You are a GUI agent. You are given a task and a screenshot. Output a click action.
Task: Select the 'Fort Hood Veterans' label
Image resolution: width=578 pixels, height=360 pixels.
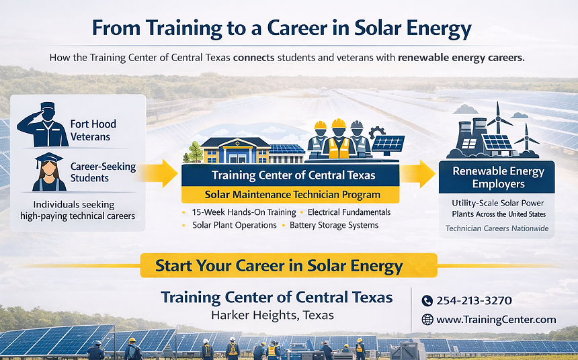93,130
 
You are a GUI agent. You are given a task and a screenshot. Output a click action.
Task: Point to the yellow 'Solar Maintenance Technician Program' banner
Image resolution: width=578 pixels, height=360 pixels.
291,195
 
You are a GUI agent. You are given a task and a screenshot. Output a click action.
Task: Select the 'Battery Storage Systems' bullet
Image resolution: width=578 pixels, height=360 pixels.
333,225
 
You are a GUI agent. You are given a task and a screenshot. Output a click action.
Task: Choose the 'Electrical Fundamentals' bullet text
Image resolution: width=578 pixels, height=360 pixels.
349,212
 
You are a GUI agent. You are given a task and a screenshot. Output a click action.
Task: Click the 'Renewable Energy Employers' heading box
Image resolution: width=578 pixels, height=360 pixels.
497,177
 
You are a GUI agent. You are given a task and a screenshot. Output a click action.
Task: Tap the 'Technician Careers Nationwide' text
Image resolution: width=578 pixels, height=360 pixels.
497,229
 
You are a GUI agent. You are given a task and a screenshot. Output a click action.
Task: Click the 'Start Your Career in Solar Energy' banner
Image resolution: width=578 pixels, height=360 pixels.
288,265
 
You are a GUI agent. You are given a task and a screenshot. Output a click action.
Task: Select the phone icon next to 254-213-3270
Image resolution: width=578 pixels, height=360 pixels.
427,301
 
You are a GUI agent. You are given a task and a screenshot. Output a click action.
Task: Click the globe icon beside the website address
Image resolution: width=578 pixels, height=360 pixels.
427,320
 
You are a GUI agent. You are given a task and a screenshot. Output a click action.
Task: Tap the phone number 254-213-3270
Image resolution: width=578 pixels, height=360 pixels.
474,301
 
